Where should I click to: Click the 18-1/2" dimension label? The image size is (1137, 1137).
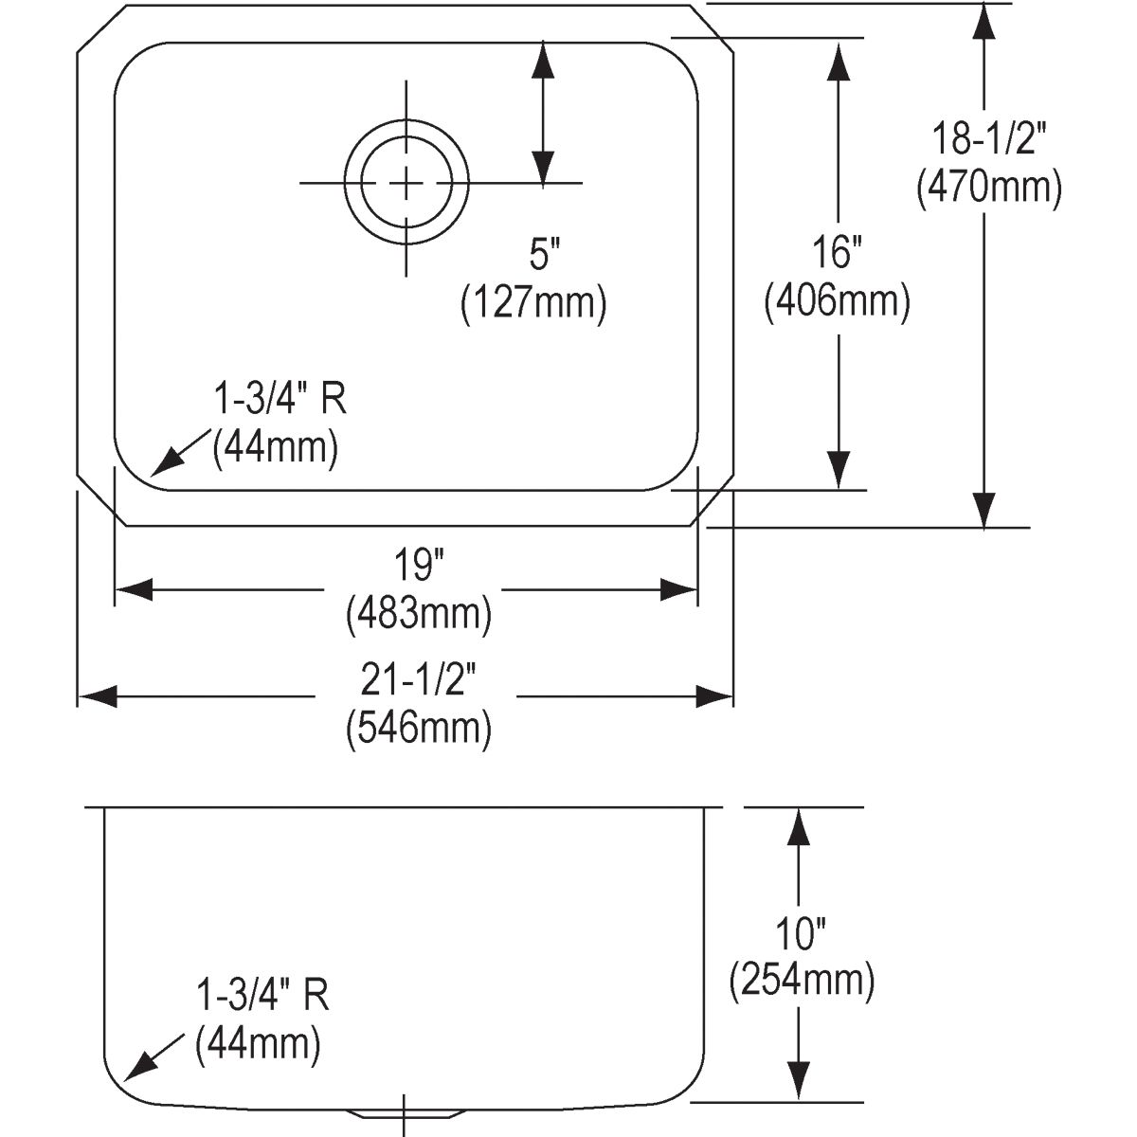tap(989, 140)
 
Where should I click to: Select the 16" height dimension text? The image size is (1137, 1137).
tap(838, 252)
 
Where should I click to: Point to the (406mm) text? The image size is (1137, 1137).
tap(838, 301)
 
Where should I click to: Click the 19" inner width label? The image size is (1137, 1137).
tap(419, 565)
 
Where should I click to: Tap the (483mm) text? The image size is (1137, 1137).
tap(419, 614)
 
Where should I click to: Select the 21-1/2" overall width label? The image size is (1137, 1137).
tap(419, 680)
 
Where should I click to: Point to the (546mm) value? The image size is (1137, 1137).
tap(419, 729)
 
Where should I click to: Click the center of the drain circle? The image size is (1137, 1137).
tap(406, 183)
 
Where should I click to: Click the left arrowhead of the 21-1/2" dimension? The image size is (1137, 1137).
tap(98, 696)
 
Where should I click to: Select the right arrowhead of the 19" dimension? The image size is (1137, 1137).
tap(678, 589)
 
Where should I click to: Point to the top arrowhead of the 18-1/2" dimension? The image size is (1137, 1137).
tap(983, 23)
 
